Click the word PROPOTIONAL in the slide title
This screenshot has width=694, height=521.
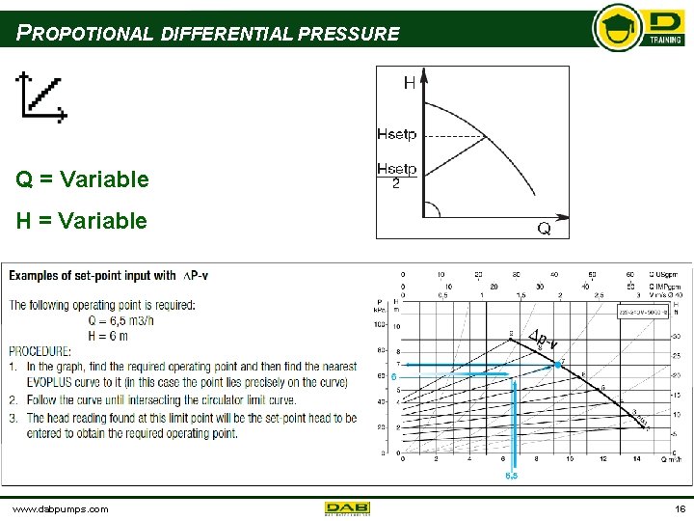[85, 34]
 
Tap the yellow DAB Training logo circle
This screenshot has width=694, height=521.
[618, 27]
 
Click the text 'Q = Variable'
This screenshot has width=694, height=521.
[82, 179]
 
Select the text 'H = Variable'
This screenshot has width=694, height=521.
[82, 221]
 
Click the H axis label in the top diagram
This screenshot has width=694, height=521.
[410, 84]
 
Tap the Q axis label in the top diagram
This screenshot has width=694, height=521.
[544, 228]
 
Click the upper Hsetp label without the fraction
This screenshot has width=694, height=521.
[397, 134]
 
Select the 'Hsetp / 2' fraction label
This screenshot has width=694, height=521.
[396, 176]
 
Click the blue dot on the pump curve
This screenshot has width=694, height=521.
[557, 365]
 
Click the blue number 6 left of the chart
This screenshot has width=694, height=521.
[394, 376]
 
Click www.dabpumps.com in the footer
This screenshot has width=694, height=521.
[61, 508]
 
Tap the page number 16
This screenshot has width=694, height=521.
[680, 508]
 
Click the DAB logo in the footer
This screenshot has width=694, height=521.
[347, 507]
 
